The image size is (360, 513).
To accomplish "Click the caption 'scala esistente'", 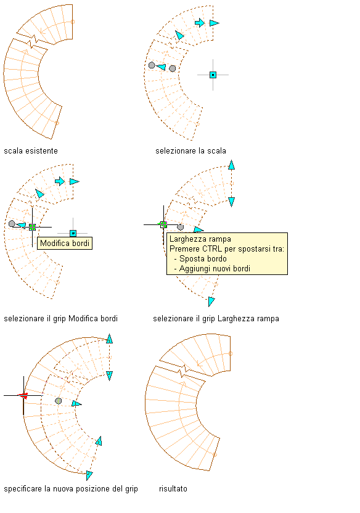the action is pos(31,151).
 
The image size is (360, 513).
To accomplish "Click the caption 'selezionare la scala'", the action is pos(190,151).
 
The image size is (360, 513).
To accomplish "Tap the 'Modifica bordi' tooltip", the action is pos(65,244).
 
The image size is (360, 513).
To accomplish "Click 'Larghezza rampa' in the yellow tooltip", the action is pos(200,239).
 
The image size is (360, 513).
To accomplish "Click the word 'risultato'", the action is pos(173,489).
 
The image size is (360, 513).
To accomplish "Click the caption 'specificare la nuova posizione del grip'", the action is pos(71,489).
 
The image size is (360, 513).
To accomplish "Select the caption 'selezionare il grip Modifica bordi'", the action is pos(60,319).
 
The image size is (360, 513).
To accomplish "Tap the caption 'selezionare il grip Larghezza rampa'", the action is pos(216,319).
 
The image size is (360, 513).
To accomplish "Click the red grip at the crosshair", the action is pos(23,396).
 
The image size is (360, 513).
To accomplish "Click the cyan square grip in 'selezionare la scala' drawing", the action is pos(213,75).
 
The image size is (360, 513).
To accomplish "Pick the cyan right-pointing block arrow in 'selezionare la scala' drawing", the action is pos(200,23).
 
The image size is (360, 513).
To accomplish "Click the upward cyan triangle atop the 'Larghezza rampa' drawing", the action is pos(232,165).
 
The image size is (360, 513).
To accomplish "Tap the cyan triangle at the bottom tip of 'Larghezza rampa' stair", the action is pos(211,302).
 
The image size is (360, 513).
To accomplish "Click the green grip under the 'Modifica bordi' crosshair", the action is pos(32,227).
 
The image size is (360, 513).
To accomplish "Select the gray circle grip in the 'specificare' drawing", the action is pos(58,401).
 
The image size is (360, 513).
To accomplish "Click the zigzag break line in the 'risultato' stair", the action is pos(183,372).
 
